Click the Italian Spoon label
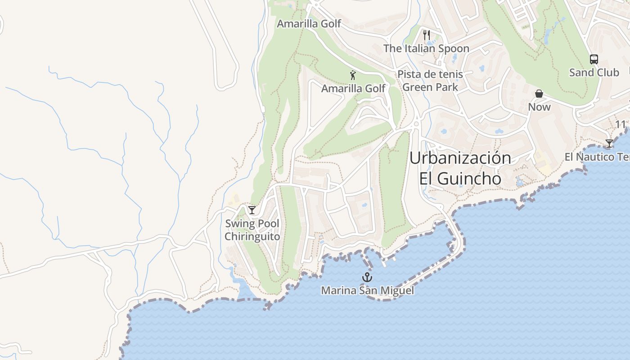point(426,49)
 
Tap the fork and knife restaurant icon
point(427,35)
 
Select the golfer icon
point(353,75)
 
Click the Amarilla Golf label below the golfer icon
point(353,89)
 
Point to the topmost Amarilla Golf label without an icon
point(309,24)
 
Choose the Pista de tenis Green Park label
point(430,81)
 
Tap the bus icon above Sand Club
point(594,59)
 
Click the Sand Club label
point(594,72)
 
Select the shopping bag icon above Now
point(539,94)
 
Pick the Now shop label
point(539,107)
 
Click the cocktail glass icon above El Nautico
point(609,144)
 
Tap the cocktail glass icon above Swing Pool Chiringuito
point(252,210)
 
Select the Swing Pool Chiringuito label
point(252,230)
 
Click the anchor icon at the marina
point(368,277)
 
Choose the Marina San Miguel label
point(367,291)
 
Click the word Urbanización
point(460,158)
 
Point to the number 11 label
point(621,124)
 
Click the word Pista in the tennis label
point(408,74)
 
